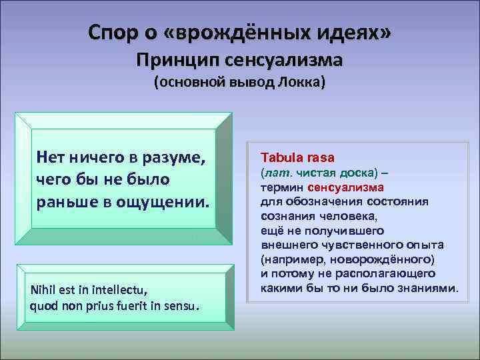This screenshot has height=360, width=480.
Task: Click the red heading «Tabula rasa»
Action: point(297,158)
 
